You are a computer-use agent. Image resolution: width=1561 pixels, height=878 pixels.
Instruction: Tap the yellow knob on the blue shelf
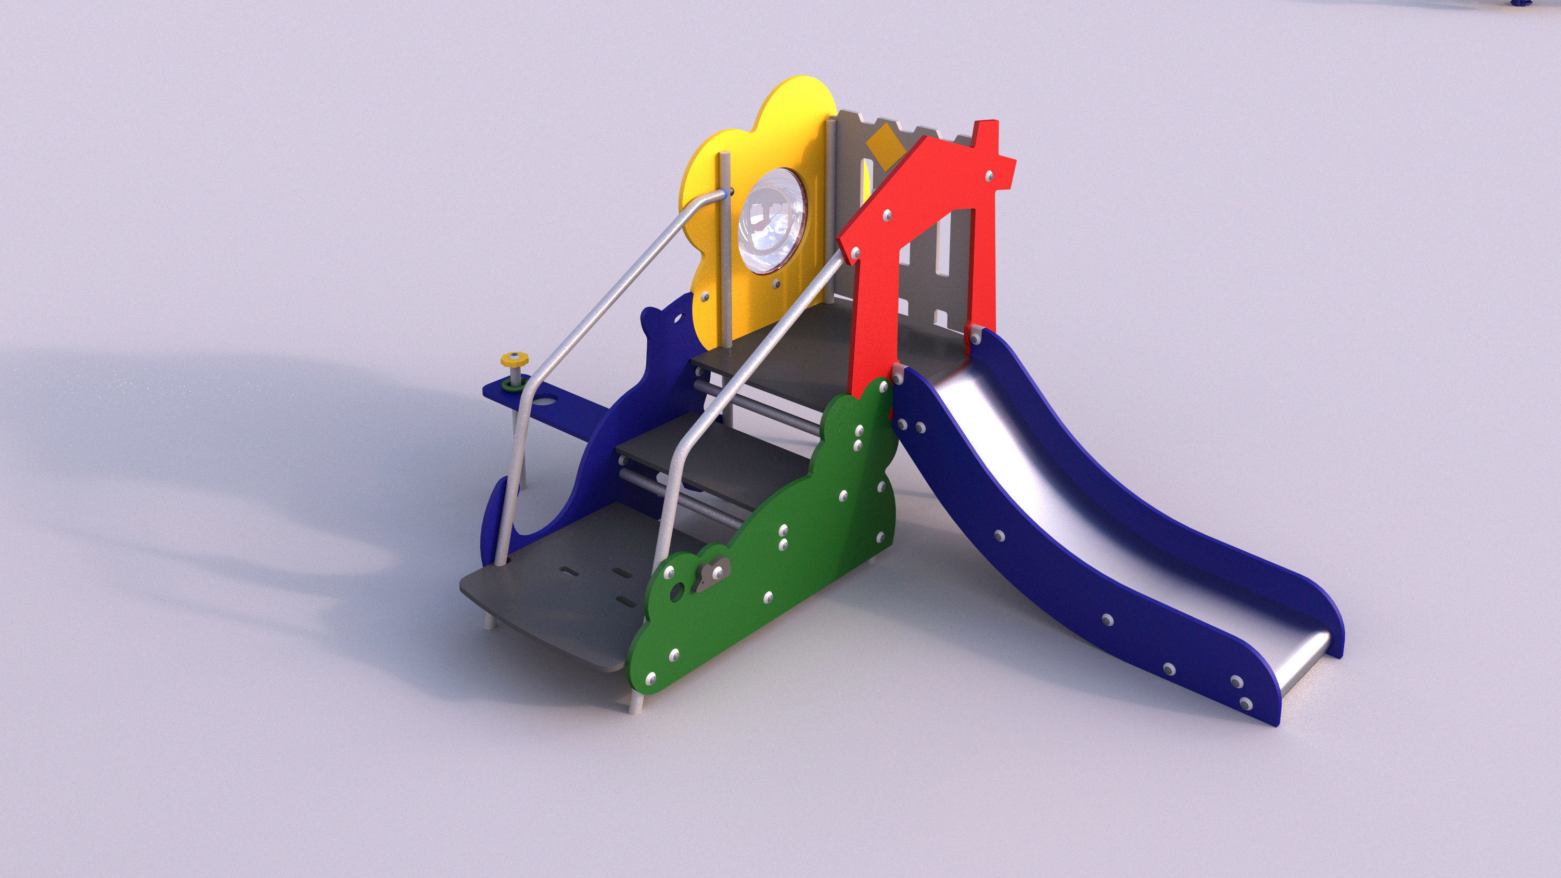[515, 360]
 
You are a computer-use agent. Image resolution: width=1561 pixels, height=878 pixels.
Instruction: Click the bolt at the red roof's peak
[990, 176]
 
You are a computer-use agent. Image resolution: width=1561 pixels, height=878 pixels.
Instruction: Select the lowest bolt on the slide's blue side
[1246, 703]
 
